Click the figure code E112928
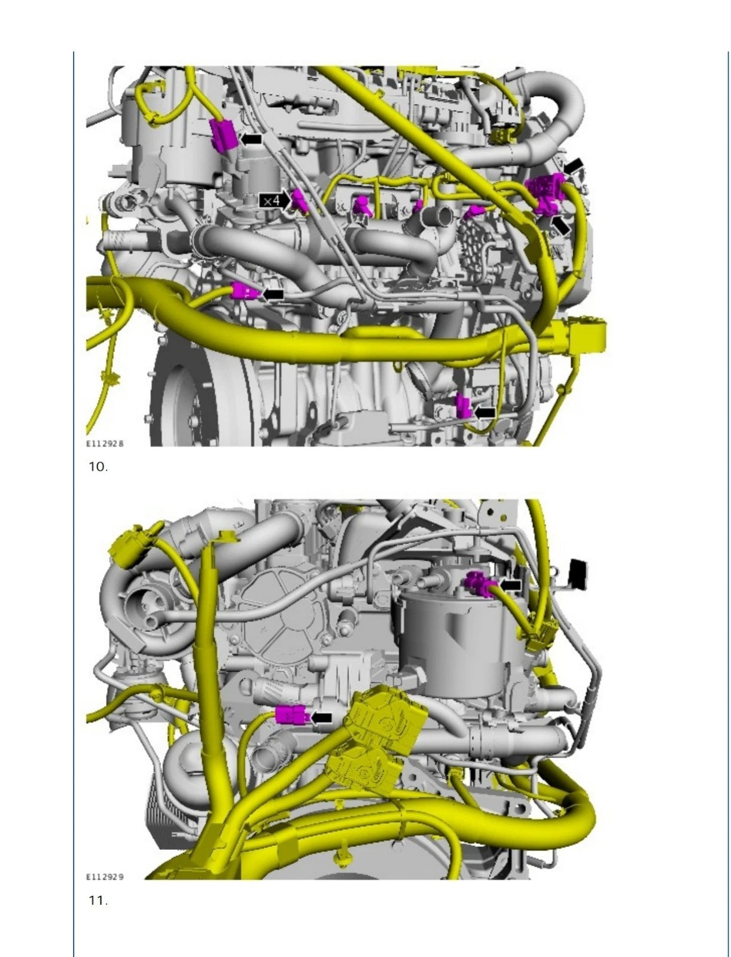(x=105, y=444)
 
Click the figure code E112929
(x=105, y=877)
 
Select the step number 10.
(x=98, y=467)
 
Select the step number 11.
(x=98, y=900)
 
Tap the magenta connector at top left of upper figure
(x=222, y=136)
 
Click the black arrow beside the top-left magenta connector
(x=251, y=139)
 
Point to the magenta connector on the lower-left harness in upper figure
(x=245, y=292)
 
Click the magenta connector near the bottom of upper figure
(x=463, y=406)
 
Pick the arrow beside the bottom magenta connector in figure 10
(x=485, y=412)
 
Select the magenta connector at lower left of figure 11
(x=291, y=714)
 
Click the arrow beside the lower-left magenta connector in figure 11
(x=322, y=717)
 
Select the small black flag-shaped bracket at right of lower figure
(x=578, y=571)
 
